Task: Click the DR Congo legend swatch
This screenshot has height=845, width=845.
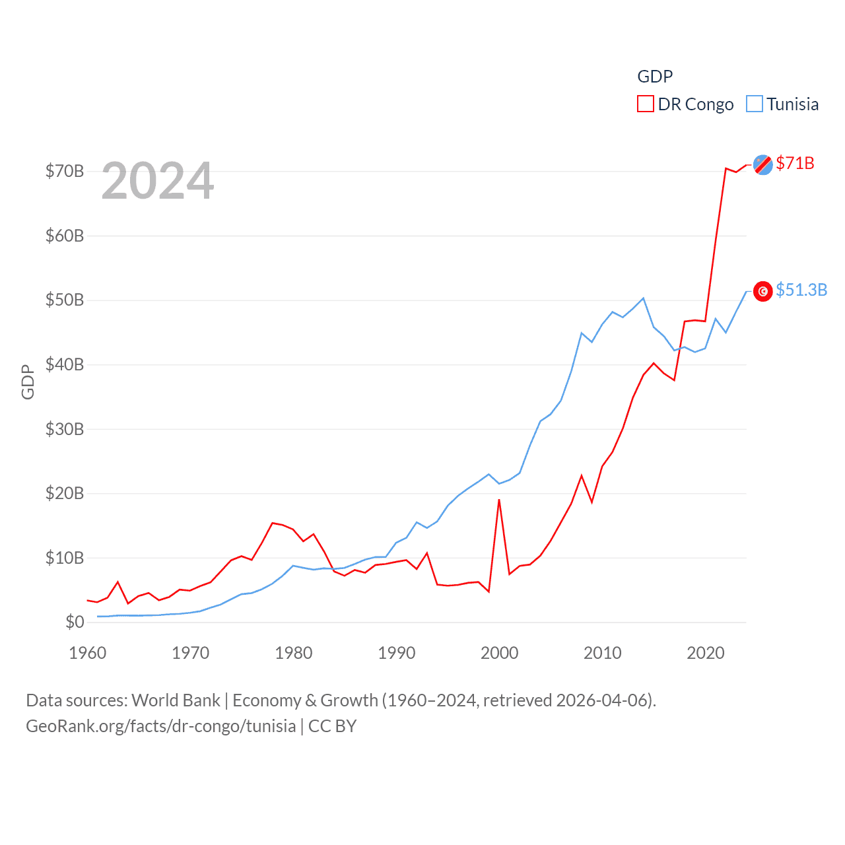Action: [645, 104]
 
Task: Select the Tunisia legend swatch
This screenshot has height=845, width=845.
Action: [754, 104]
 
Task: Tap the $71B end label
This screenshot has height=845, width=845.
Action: [795, 163]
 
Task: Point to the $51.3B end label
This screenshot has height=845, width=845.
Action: [801, 290]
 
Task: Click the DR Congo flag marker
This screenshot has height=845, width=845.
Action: [762, 164]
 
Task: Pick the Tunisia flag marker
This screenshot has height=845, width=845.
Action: [762, 291]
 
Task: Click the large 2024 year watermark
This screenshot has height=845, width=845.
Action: [158, 181]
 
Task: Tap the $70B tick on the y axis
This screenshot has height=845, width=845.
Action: [65, 172]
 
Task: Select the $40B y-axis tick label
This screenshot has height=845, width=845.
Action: [65, 364]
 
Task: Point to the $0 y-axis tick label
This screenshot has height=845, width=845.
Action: [75, 622]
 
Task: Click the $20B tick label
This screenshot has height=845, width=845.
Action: [65, 493]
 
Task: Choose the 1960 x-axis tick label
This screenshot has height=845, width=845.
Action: [88, 653]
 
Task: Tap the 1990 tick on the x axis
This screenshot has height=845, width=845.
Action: [397, 653]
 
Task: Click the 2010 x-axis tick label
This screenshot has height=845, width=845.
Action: [603, 653]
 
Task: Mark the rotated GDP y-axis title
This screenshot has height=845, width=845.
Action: [28, 382]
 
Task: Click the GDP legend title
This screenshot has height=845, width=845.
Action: [655, 77]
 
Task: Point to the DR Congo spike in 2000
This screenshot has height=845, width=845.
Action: [499, 500]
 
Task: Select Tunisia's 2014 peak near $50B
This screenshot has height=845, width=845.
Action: [643, 298]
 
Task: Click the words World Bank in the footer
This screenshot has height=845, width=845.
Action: [176, 700]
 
